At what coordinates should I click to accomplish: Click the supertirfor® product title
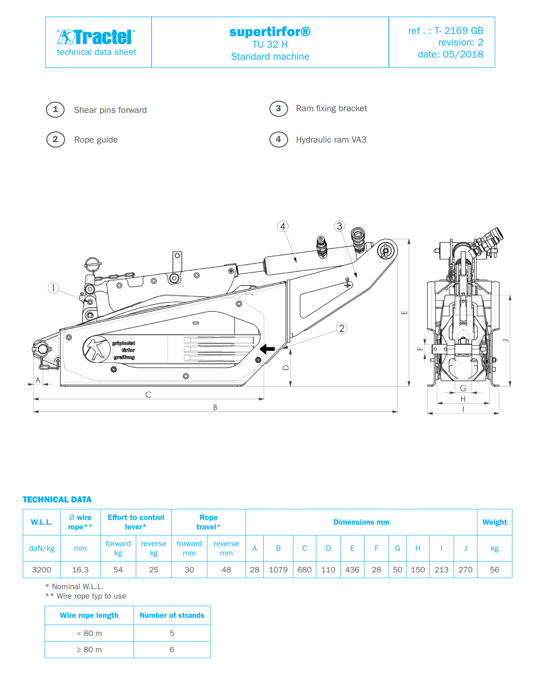click(x=270, y=31)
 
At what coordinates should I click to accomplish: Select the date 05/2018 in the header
click(x=450, y=55)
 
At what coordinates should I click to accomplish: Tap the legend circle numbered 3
click(x=278, y=109)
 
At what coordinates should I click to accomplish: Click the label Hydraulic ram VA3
click(x=331, y=140)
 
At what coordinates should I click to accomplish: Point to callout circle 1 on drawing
click(x=53, y=288)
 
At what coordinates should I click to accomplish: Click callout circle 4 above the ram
click(x=283, y=226)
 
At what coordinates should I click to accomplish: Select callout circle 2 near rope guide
click(x=342, y=328)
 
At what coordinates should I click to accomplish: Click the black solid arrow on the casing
click(x=267, y=349)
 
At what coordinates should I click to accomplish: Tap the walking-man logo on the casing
click(x=96, y=349)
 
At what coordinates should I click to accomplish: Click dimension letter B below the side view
click(x=215, y=407)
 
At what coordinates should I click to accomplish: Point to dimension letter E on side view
click(x=404, y=312)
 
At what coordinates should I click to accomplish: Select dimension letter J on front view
click(x=506, y=341)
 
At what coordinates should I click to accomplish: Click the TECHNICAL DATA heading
click(x=57, y=499)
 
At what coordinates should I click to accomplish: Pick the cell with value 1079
click(x=278, y=570)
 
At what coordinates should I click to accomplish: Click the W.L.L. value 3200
click(x=42, y=570)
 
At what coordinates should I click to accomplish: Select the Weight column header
click(x=494, y=522)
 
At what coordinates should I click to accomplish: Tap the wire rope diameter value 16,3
click(x=80, y=570)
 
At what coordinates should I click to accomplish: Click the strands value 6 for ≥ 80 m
click(x=172, y=650)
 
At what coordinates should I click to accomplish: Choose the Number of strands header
click(x=172, y=615)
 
